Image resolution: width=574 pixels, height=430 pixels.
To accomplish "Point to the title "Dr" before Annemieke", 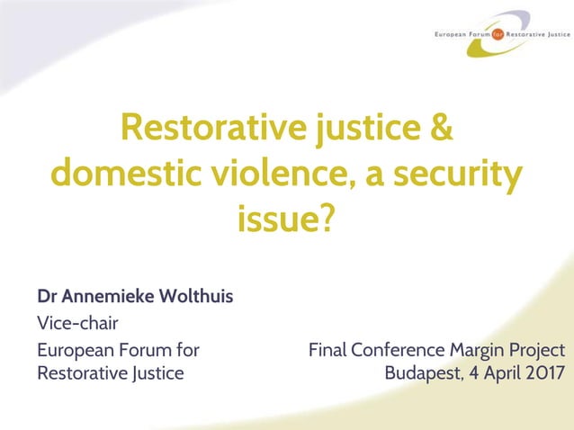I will click(x=46, y=296).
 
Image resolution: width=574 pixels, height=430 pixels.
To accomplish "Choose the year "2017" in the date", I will click(x=543, y=372).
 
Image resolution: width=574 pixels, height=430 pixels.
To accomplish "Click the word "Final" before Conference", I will click(x=327, y=350).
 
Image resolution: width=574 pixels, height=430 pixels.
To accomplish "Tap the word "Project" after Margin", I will click(x=538, y=350).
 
